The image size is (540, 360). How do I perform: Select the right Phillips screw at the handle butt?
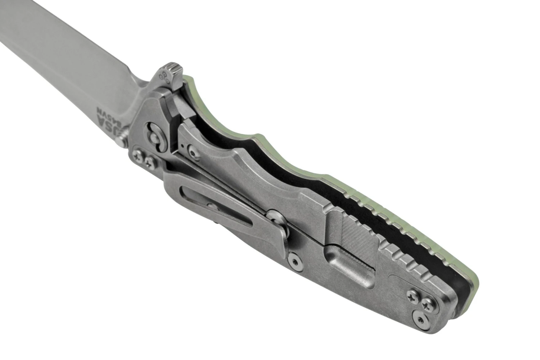pyautogui.click(x=428, y=304)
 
